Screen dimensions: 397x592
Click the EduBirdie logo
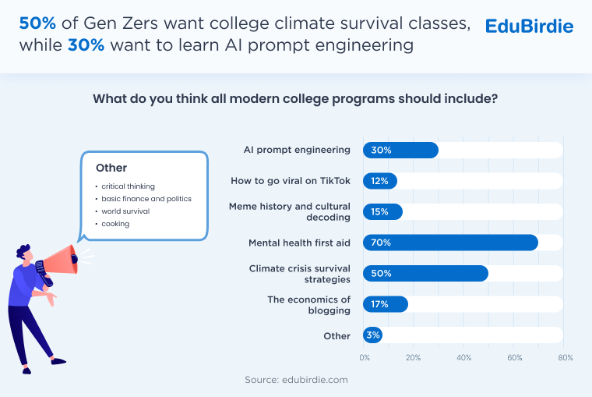529,27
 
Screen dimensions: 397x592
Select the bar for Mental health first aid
450,243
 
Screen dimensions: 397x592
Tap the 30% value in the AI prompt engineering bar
382,150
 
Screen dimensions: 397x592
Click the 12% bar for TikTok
380,181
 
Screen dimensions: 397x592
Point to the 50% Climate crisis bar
425,274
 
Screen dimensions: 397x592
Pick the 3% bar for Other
373,335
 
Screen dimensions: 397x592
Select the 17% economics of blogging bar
386,304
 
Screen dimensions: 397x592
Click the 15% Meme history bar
382,211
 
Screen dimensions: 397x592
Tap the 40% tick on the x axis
464,358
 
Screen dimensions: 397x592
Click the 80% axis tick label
565,358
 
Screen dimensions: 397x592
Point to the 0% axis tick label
365,358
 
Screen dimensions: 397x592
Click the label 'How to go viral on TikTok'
291,181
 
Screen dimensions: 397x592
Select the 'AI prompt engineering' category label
297,150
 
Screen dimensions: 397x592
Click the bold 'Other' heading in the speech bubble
111,168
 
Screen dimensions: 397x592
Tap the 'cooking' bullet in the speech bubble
115,224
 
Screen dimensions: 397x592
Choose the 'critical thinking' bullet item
128,186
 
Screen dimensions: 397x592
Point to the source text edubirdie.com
296,380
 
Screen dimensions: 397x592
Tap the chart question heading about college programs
295,99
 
